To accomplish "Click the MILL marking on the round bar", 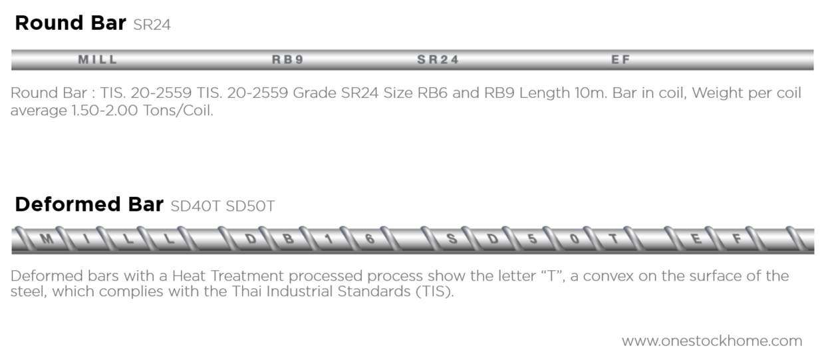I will (98, 60).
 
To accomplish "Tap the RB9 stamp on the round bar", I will (287, 60).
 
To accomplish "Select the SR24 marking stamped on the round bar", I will (438, 60).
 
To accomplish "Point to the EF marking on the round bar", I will (620, 60).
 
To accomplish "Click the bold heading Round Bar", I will (70, 23).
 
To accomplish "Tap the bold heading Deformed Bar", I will (88, 204).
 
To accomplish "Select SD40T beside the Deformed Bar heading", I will (195, 206).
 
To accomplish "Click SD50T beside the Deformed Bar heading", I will (250, 206).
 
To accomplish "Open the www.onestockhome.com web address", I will (712, 341).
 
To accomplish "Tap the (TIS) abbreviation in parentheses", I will (435, 292).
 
